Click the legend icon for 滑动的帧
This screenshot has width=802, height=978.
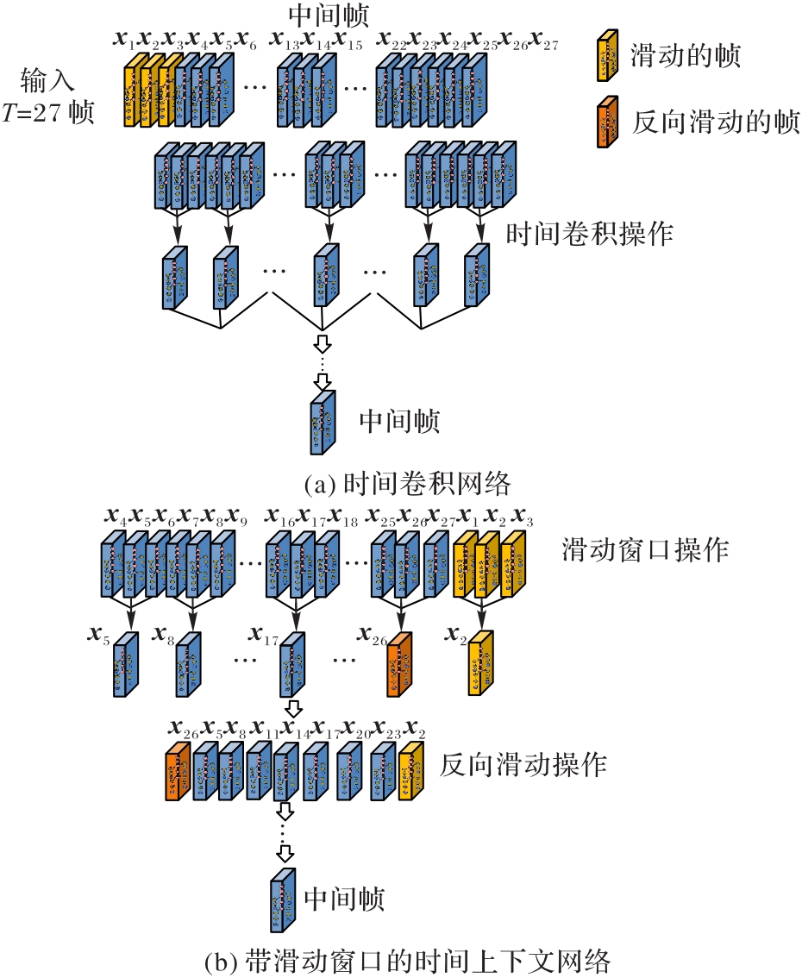coord(608,53)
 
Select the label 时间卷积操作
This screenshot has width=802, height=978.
coord(588,233)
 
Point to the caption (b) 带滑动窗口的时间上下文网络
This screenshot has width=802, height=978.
coord(400,960)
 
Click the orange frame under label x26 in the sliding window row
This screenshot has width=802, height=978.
coord(398,662)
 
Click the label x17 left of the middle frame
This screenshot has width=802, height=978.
coord(261,636)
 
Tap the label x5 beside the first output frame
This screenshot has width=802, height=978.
coord(97,636)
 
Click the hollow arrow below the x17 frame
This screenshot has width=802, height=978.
coord(293,709)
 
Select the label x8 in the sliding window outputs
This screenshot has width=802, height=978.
coord(162,636)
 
